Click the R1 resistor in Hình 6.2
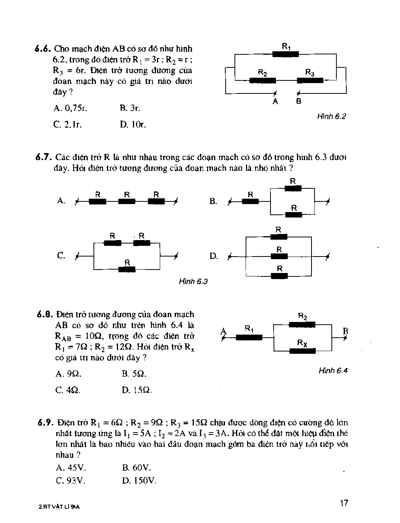click(285, 54)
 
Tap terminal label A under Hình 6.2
click(275, 101)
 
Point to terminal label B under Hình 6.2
click(299, 101)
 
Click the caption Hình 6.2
click(331, 116)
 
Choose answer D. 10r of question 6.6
click(133, 124)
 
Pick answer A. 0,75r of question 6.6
click(71, 108)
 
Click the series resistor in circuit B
click(251, 201)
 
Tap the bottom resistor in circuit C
click(127, 269)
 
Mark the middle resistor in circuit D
click(279, 257)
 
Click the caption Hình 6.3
click(193, 282)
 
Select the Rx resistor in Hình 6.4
click(302, 350)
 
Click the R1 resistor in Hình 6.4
click(249, 337)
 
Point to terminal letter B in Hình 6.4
click(345, 331)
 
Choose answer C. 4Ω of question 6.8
click(68, 390)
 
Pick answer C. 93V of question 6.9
click(70, 481)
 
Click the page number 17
click(344, 503)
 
